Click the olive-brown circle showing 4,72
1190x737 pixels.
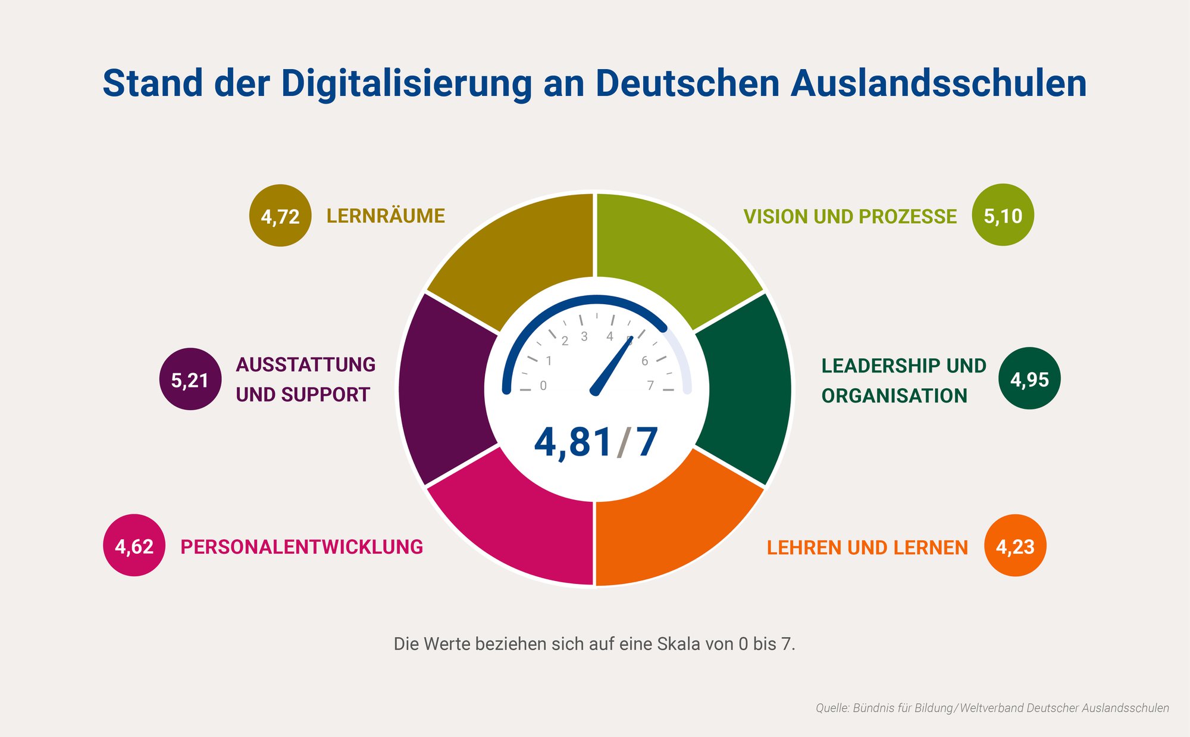click(x=280, y=216)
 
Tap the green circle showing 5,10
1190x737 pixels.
click(x=1003, y=215)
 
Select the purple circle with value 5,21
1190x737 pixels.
click(x=190, y=379)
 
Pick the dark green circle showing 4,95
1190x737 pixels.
click(x=1029, y=379)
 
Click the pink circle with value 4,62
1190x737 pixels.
click(x=134, y=545)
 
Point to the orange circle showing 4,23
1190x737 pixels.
click(x=1015, y=546)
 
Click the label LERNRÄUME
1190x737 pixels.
click(x=386, y=216)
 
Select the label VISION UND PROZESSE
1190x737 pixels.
click(x=850, y=217)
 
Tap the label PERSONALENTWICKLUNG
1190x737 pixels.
click(x=302, y=546)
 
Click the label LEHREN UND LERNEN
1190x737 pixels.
click(x=867, y=548)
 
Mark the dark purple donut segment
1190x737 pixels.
click(x=443, y=390)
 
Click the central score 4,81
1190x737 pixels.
click(x=573, y=442)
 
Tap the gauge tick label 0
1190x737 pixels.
click(x=543, y=386)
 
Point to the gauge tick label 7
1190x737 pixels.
click(x=650, y=386)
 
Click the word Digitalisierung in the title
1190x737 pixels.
click(x=406, y=83)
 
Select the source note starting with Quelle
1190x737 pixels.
click(x=992, y=708)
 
